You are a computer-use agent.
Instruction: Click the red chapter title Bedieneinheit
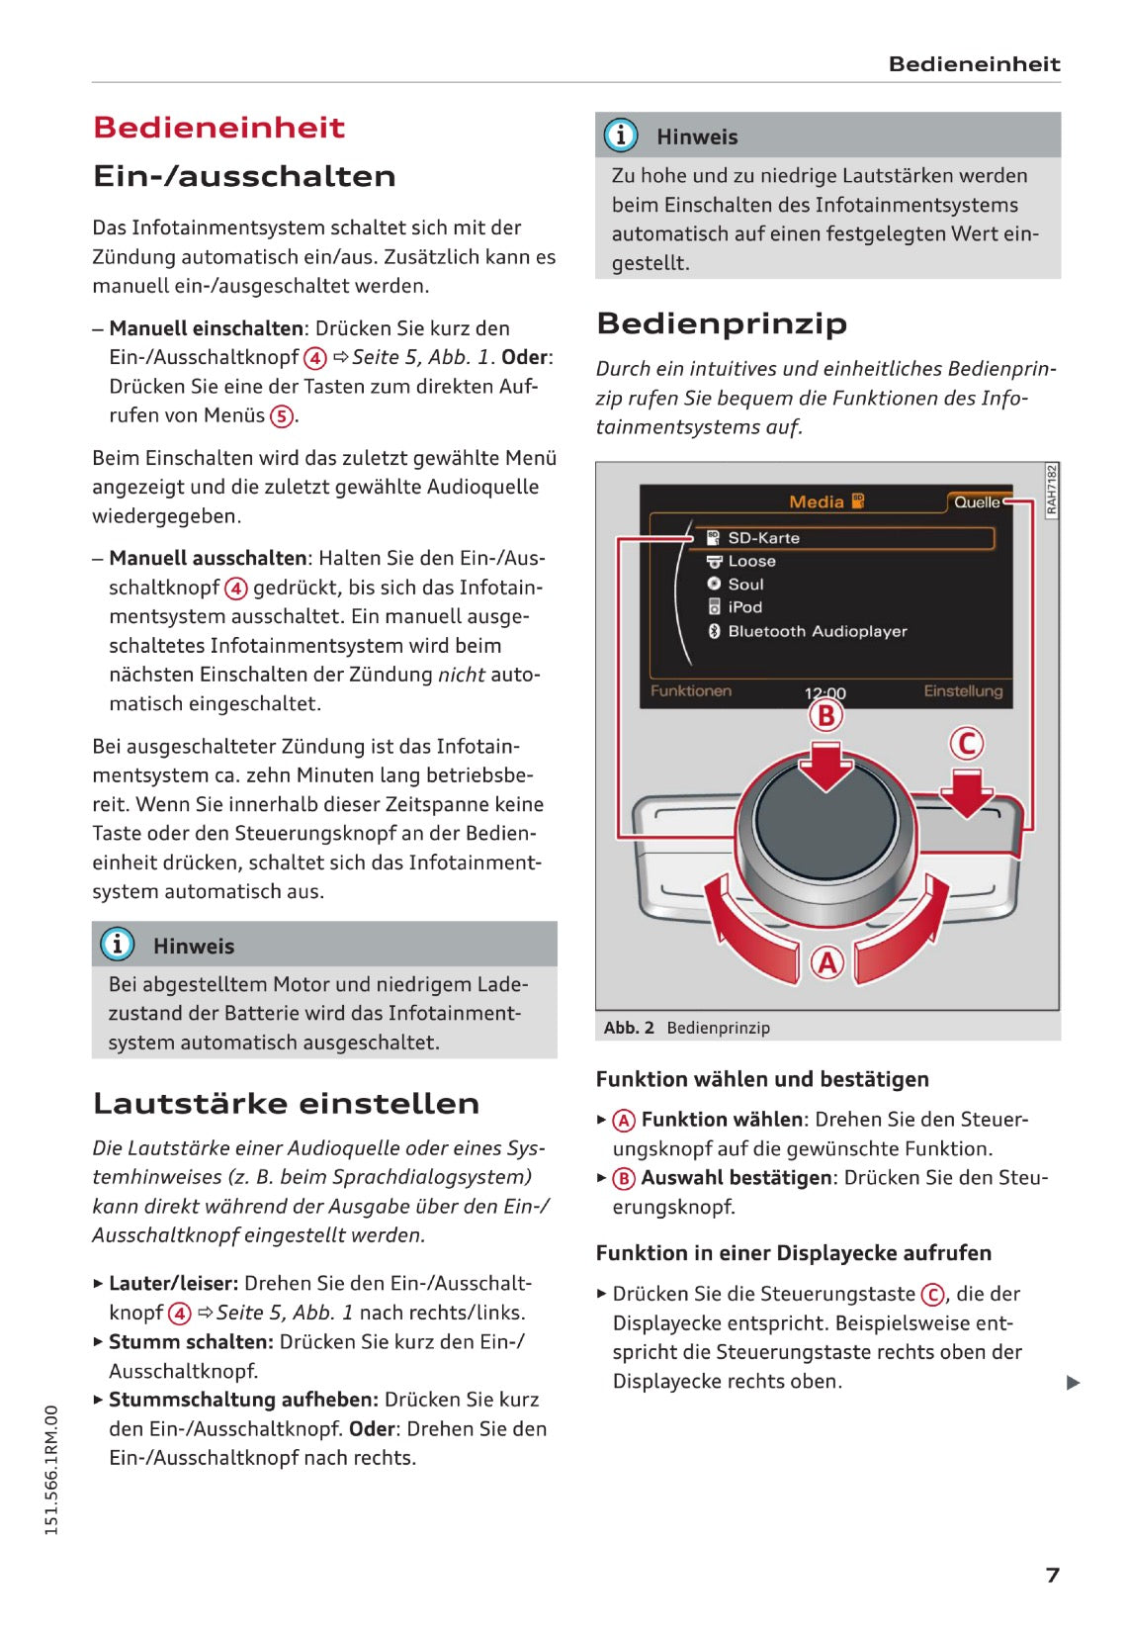pyautogui.click(x=218, y=128)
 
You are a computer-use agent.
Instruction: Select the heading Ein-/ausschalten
pyautogui.click(x=244, y=176)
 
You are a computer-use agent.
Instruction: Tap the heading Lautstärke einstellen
pyautogui.click(x=286, y=1103)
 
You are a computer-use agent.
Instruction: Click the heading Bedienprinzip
pyautogui.click(x=722, y=323)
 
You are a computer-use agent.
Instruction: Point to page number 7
pyautogui.click(x=1053, y=1575)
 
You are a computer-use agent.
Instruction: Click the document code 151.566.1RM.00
pyautogui.click(x=51, y=1470)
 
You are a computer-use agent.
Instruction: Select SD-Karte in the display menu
pyautogui.click(x=763, y=538)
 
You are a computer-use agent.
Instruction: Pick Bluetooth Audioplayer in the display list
pyautogui.click(x=817, y=631)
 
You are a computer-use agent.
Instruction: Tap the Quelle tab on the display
pyautogui.click(x=977, y=502)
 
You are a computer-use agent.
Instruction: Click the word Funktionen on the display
pyautogui.click(x=690, y=690)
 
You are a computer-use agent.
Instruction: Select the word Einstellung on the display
pyautogui.click(x=962, y=690)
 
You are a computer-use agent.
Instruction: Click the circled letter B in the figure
pyautogui.click(x=826, y=714)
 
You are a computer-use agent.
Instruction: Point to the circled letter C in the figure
pyautogui.click(x=966, y=743)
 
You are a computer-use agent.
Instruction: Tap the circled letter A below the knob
pyautogui.click(x=826, y=961)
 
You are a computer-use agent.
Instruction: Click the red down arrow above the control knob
pyautogui.click(x=826, y=767)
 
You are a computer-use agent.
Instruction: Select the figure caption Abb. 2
pyautogui.click(x=629, y=1028)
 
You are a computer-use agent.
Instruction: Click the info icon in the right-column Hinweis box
pyautogui.click(x=621, y=135)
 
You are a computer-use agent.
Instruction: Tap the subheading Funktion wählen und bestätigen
pyautogui.click(x=762, y=1079)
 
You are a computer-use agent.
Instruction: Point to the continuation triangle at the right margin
pyautogui.click(x=1073, y=1382)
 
